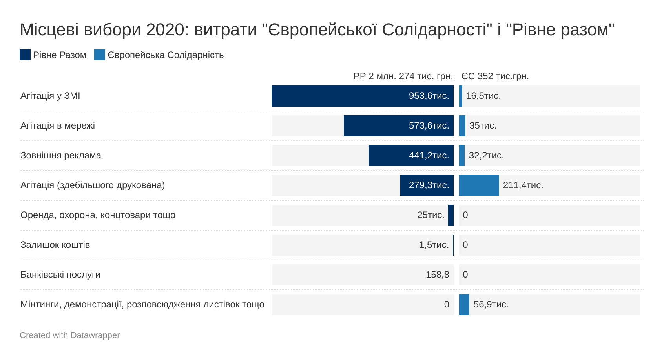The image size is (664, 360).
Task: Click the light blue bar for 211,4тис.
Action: click(x=479, y=185)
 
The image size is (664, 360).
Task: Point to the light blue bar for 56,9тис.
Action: click(x=464, y=305)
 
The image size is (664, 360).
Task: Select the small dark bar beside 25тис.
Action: click(x=451, y=215)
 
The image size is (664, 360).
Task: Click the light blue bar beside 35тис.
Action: click(x=462, y=126)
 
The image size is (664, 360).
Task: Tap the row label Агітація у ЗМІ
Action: click(x=50, y=96)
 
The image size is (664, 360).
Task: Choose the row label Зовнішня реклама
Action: click(x=61, y=155)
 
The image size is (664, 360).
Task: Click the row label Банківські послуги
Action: click(x=60, y=275)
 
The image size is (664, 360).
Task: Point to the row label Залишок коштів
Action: click(x=55, y=245)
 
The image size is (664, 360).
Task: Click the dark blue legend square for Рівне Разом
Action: click(x=25, y=55)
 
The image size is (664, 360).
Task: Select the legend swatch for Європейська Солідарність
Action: click(x=100, y=55)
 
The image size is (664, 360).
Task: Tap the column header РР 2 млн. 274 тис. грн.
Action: click(x=403, y=76)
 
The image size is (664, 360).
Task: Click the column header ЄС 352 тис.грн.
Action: click(x=495, y=76)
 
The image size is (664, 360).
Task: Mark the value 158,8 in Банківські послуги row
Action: click(x=437, y=275)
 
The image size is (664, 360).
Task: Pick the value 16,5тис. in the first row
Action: click(x=483, y=96)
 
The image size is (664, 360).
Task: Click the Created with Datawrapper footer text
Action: click(x=70, y=335)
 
